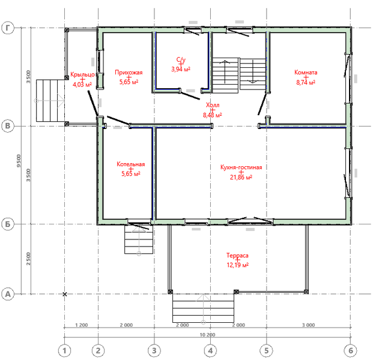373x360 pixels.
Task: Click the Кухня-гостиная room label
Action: click(x=241, y=167)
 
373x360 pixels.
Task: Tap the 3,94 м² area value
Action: click(x=181, y=69)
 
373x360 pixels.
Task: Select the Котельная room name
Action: click(x=130, y=164)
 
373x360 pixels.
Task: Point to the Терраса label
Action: click(x=237, y=256)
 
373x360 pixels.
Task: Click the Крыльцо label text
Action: click(x=82, y=74)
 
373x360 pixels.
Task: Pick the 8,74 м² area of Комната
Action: click(x=306, y=82)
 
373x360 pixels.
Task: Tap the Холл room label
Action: click(x=213, y=105)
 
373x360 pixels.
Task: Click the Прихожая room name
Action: click(x=129, y=73)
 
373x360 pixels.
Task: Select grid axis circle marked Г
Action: click(x=8, y=28)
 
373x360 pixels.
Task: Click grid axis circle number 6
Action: click(x=351, y=350)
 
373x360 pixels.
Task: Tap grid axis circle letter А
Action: click(x=8, y=294)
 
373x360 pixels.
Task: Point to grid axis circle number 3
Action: click(x=154, y=350)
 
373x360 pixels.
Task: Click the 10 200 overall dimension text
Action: click(x=207, y=335)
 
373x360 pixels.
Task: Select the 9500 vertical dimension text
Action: click(x=19, y=161)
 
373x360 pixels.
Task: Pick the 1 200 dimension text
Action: click(x=81, y=325)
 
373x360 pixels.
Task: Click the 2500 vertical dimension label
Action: click(x=28, y=259)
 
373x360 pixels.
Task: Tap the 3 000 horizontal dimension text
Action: click(x=308, y=325)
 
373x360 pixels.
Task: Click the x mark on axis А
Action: click(x=64, y=294)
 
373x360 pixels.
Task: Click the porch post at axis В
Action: click(x=67, y=124)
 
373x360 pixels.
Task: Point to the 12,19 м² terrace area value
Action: click(x=237, y=265)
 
